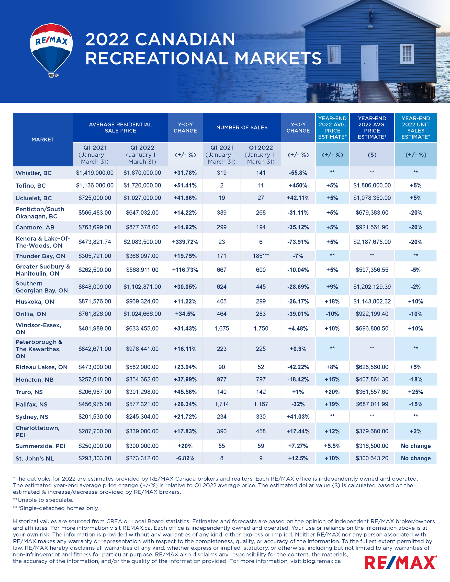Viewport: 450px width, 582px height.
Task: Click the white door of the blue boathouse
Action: tap(369, 63)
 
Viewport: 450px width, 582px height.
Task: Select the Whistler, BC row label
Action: tap(33, 173)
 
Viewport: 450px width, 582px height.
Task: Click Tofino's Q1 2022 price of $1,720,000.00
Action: tap(142, 185)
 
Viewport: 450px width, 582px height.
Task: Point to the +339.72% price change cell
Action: tap(185, 242)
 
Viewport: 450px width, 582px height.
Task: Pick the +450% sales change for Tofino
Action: tap(298, 185)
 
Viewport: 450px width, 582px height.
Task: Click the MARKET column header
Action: tap(43, 140)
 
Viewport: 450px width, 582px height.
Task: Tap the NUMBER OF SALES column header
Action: tap(242, 128)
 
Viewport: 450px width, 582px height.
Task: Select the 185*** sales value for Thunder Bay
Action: tap(261, 256)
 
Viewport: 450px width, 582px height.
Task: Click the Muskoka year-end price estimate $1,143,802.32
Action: tap(372, 301)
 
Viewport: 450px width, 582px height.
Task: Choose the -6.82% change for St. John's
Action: tap(185, 458)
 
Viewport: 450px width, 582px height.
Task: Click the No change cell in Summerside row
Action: tap(416, 446)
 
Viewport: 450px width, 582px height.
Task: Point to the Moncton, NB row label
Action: tap(35, 380)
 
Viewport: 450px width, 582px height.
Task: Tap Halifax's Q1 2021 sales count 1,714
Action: tap(222, 404)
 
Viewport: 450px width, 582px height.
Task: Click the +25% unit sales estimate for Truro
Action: tap(415, 392)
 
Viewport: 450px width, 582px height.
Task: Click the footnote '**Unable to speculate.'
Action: tap(43, 500)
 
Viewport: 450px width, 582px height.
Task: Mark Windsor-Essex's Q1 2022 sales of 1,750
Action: tap(261, 329)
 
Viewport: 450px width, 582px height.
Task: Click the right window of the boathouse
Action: tap(407, 54)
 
